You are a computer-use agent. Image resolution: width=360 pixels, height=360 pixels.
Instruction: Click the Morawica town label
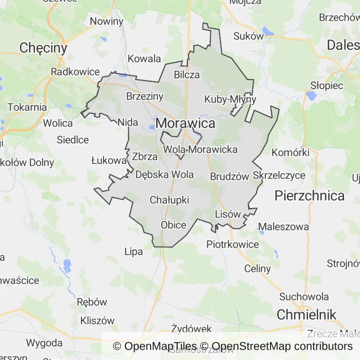click(186, 123)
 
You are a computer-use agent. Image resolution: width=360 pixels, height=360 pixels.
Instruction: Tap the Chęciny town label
click(44, 48)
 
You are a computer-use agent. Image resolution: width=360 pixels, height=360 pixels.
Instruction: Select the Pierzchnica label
click(309, 195)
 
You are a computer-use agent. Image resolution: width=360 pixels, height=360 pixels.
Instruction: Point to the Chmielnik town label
click(307, 315)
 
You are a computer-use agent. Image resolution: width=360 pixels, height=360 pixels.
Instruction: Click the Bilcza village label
click(187, 75)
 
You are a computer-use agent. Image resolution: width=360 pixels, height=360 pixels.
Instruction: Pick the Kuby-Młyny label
click(230, 99)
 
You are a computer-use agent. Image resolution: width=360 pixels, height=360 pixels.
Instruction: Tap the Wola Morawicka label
click(200, 150)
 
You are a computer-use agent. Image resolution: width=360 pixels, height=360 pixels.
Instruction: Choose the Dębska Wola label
click(164, 175)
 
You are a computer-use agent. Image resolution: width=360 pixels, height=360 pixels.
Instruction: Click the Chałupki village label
click(169, 200)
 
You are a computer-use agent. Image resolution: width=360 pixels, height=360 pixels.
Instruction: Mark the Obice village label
click(173, 225)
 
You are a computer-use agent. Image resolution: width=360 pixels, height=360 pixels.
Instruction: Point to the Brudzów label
click(229, 177)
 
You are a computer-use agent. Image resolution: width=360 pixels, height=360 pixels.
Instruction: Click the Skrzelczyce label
click(279, 175)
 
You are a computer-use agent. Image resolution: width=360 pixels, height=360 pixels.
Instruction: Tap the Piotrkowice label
click(232, 244)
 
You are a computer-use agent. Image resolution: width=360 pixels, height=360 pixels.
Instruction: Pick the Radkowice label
click(75, 72)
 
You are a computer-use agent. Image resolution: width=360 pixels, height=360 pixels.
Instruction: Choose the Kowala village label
click(144, 59)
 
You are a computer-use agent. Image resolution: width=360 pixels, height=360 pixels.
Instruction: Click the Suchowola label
click(304, 296)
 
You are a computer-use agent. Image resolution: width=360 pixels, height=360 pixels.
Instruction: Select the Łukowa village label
click(109, 161)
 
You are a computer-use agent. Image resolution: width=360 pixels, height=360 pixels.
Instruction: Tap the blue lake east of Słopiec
click(310, 96)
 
